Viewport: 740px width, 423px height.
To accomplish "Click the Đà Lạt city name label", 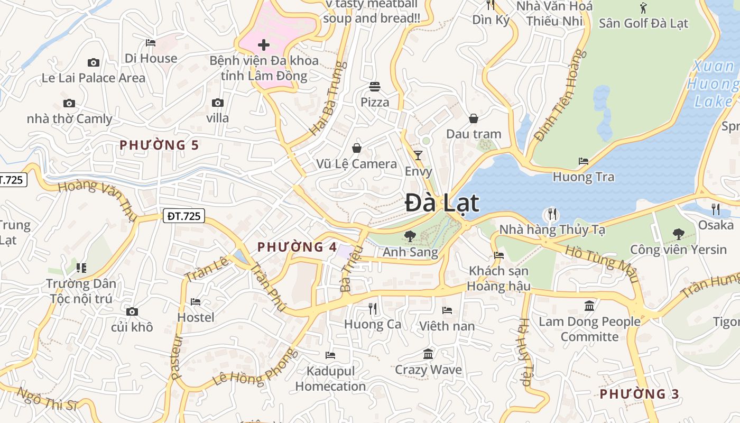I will point(442,204).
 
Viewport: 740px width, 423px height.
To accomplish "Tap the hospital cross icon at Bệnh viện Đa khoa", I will point(263,45).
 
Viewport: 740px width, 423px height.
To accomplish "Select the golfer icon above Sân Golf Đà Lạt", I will point(643,8).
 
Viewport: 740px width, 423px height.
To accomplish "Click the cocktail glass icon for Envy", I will point(418,155).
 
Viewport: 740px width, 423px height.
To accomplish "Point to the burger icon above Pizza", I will point(375,86).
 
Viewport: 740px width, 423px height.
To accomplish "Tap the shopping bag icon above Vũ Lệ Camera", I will point(357,148).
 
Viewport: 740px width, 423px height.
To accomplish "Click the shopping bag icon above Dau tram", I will point(474,118).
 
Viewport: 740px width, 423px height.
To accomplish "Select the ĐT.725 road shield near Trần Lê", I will point(183,216).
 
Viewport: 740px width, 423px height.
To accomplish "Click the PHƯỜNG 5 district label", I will point(159,145).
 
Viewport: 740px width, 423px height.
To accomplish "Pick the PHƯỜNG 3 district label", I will point(639,394).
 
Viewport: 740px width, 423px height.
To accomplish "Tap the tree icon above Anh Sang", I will point(410,236).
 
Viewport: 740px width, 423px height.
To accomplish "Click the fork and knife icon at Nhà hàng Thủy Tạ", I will point(552,214).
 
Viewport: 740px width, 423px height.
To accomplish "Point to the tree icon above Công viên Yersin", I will point(678,233).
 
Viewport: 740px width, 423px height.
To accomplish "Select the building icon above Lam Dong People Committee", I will point(589,306).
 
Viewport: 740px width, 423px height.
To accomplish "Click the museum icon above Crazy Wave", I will point(428,354).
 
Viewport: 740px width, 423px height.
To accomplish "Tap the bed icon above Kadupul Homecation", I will point(330,355).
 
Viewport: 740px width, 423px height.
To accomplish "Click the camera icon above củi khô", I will point(132,311).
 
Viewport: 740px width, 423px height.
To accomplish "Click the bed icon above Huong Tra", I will point(584,161).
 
